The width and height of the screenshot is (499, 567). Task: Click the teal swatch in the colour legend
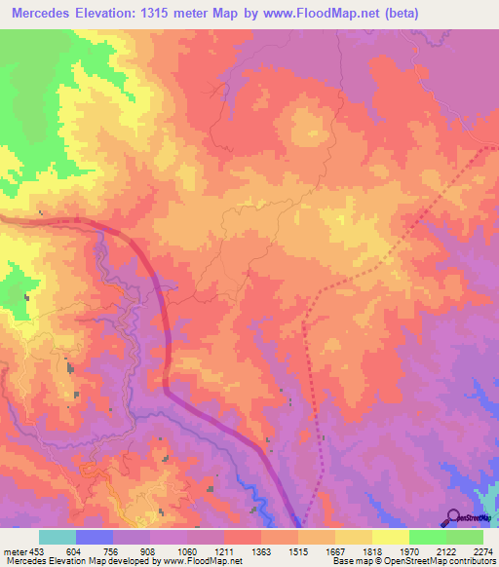58,538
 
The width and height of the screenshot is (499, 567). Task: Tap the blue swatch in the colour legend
95,538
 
